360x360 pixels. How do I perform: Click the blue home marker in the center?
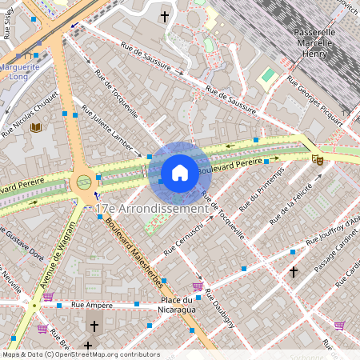click(x=180, y=173)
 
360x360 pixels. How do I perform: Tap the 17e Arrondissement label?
click(x=151, y=208)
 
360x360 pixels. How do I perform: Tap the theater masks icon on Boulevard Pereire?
click(x=318, y=159)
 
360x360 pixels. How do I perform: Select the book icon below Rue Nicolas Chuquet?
click(x=35, y=127)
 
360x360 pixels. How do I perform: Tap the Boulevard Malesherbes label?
click(x=135, y=255)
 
